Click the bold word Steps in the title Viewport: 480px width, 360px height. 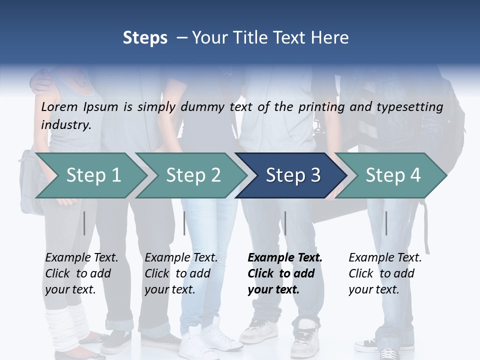(x=145, y=37)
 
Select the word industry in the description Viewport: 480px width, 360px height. (x=66, y=124)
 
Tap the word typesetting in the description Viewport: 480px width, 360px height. (x=414, y=106)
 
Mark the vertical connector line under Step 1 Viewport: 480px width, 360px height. (x=84, y=223)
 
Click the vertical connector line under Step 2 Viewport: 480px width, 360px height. (x=184, y=223)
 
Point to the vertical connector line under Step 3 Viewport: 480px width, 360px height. (x=285, y=223)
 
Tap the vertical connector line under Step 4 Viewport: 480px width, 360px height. (x=386, y=223)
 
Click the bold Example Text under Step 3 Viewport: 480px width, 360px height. (x=285, y=257)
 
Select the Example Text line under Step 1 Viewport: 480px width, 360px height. (x=81, y=257)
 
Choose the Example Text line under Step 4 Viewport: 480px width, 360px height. (x=385, y=257)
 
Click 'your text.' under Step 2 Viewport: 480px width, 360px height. (x=169, y=289)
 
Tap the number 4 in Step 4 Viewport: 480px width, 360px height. (x=415, y=175)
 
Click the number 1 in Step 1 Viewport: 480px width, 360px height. (x=116, y=175)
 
